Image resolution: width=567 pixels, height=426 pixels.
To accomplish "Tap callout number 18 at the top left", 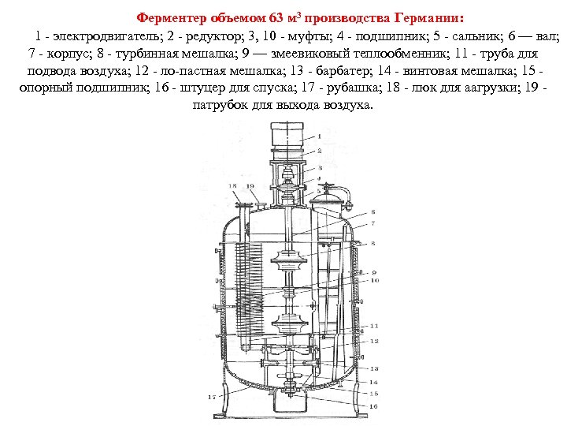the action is coord(232,185).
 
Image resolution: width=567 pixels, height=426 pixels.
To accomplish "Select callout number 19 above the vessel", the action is coord(250,185).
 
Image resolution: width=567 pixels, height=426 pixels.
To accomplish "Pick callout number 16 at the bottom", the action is coord(373,405).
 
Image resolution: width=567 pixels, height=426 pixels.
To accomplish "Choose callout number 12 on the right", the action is coord(375,341).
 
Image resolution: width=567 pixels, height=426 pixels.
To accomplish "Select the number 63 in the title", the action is coord(280,18).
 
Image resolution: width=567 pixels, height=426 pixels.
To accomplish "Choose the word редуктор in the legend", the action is coord(205,37).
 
